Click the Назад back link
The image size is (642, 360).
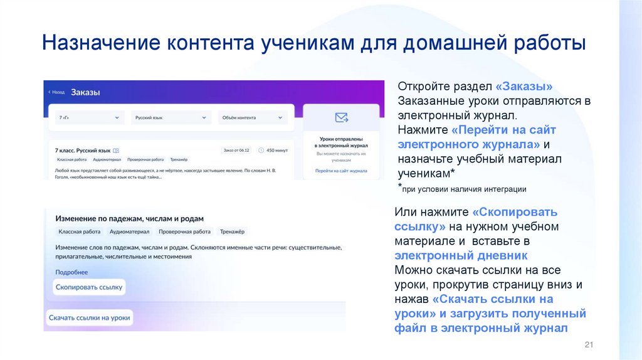coord(56,92)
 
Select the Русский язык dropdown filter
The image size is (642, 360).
coord(171,117)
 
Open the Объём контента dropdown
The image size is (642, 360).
coord(253,117)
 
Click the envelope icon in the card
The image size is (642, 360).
coord(341,117)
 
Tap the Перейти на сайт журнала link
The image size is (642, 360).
coord(341,170)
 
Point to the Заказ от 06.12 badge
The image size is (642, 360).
coord(236,150)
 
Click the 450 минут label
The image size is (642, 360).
coord(276,150)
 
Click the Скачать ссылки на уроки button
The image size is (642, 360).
coord(89,318)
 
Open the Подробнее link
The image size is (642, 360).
coord(71,272)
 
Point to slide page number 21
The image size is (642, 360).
coord(588,345)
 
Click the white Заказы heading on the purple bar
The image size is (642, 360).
coord(85,92)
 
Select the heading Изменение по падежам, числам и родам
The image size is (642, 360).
coord(129,218)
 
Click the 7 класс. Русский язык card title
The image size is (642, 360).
coord(83,151)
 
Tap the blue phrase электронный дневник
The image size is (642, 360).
coord(461,255)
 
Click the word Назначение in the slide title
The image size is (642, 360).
coord(100,45)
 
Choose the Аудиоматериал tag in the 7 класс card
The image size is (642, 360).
coord(105,160)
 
